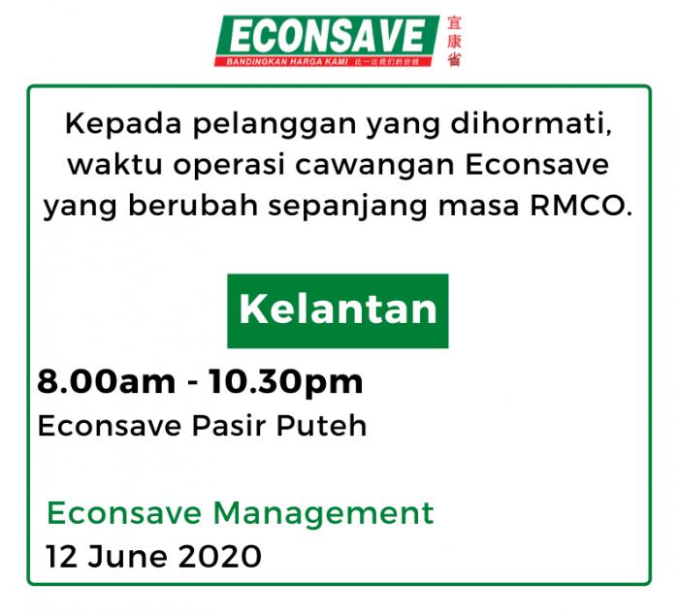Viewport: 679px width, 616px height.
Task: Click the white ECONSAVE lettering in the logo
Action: click(327, 37)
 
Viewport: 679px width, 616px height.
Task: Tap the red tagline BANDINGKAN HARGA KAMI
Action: click(287, 61)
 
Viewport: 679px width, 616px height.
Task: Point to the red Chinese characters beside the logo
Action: click(454, 41)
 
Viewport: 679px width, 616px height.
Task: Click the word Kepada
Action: click(123, 124)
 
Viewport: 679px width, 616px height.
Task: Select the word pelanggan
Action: click(275, 124)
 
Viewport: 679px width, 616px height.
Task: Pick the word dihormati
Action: click(532, 124)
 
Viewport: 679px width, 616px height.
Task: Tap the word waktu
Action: click(115, 165)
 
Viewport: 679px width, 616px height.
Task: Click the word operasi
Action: click(229, 166)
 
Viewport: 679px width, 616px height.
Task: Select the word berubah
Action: click(194, 206)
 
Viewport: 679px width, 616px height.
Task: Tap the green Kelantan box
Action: click(338, 310)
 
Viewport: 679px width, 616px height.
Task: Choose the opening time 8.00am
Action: click(107, 381)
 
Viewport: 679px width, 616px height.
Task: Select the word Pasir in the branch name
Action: click(229, 426)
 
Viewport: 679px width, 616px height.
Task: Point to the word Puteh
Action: click(322, 426)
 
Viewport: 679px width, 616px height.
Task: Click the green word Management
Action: click(323, 514)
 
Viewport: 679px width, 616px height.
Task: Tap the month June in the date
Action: click(128, 557)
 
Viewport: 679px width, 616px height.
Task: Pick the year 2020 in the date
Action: click(220, 557)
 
